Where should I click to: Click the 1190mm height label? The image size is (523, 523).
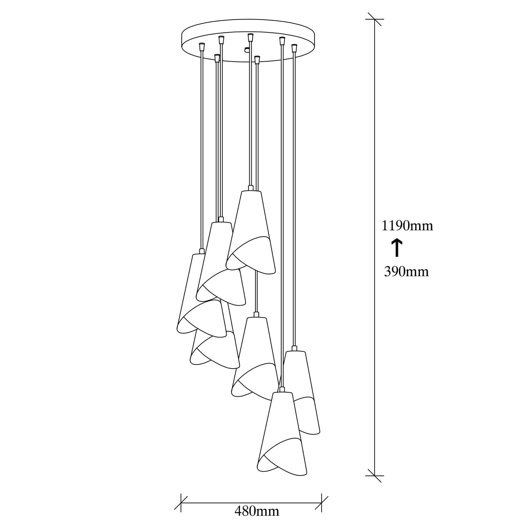point(407,226)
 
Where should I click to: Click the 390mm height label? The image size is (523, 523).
point(406,272)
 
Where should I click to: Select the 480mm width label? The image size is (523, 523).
point(257,511)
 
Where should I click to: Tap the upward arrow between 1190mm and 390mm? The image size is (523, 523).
point(397,248)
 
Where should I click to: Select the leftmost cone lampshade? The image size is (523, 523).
point(201,296)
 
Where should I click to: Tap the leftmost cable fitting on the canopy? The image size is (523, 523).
point(201,47)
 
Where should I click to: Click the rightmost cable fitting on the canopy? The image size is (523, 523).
point(294,48)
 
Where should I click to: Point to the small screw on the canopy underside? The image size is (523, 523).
point(246,50)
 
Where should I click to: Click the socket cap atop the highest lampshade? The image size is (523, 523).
point(251,188)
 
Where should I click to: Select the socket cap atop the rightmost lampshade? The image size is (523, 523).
point(294,349)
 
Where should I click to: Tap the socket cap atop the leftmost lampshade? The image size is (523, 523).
point(201,251)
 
